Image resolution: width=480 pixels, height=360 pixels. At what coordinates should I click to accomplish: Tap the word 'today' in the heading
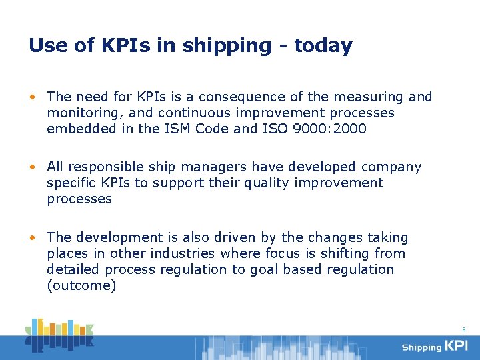tap(323, 46)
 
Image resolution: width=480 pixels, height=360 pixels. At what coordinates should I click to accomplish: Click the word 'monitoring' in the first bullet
tap(80, 113)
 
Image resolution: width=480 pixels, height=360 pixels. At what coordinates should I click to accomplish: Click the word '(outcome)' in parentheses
tap(81, 285)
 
